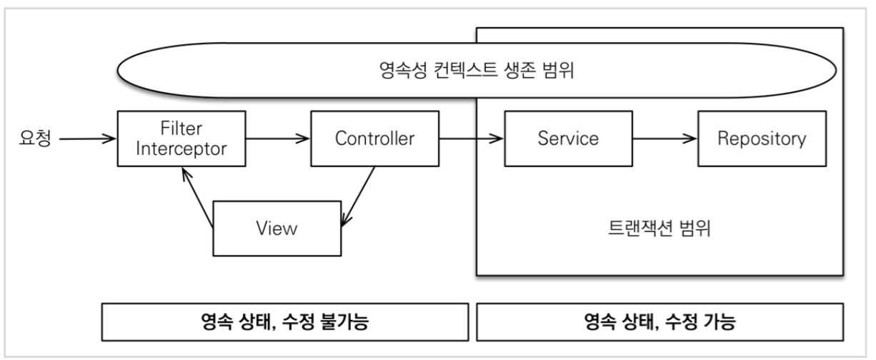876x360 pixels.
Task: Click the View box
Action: click(276, 228)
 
